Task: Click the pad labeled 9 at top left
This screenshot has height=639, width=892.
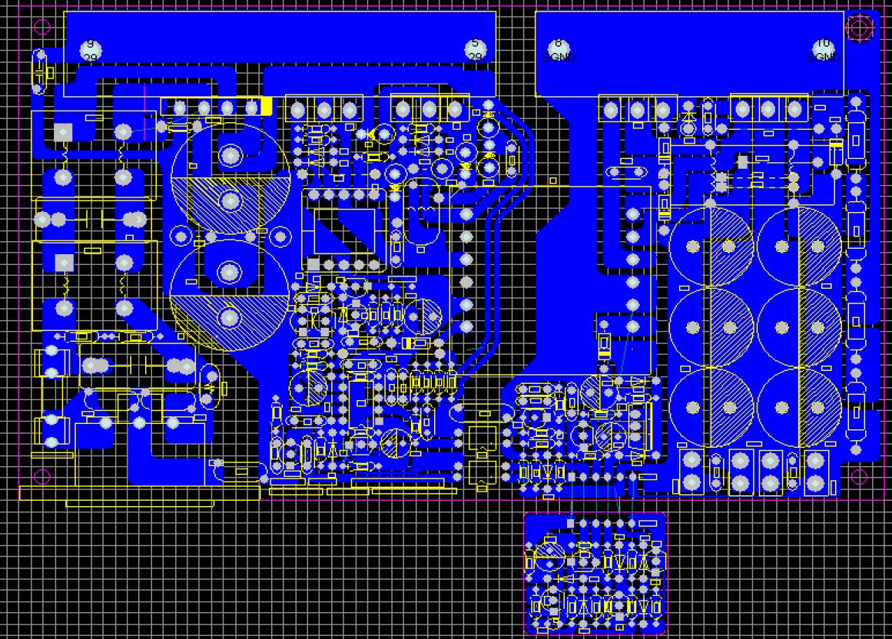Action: [91, 50]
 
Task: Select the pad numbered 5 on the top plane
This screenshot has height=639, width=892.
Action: [476, 50]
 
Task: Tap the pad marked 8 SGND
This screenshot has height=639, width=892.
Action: [559, 50]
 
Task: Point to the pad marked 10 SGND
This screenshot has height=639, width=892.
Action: [823, 50]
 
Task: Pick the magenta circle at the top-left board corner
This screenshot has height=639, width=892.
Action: [43, 27]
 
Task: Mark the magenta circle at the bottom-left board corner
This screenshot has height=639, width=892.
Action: [42, 476]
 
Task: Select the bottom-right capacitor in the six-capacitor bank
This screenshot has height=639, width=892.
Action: [799, 408]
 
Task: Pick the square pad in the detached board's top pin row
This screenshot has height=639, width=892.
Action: [571, 523]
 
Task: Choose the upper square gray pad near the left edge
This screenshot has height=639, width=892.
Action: [64, 133]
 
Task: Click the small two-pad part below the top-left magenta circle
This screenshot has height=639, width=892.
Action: [39, 71]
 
